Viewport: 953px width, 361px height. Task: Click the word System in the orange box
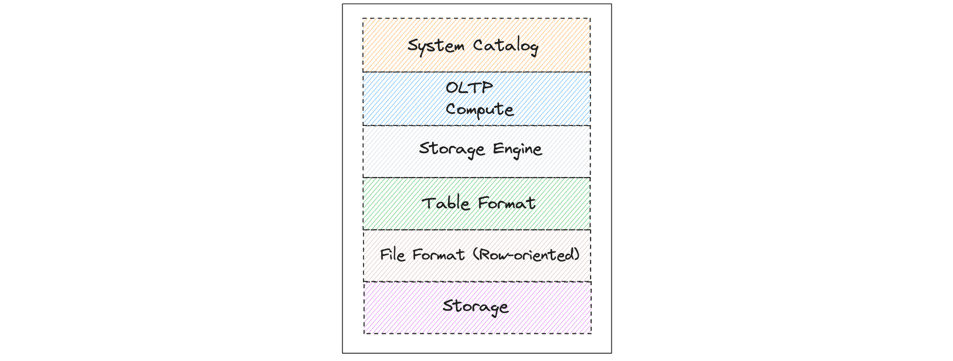[436, 46]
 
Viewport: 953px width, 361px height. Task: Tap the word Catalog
[505, 46]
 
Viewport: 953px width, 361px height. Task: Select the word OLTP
[469, 87]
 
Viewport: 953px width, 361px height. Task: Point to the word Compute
[479, 110]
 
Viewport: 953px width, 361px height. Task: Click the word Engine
[517, 149]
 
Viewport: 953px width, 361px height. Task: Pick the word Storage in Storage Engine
[452, 149]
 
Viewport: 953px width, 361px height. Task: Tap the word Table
[445, 203]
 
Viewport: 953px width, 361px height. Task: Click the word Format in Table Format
[507, 203]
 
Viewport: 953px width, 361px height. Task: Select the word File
[393, 255]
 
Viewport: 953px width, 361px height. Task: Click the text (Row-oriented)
[526, 255]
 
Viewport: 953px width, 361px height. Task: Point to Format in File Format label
[438, 255]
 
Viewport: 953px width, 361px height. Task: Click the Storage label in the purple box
[476, 306]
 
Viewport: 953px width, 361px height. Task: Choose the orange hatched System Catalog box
[477, 45]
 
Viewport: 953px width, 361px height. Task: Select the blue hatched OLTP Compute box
[477, 99]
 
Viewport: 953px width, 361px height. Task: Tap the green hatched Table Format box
[477, 204]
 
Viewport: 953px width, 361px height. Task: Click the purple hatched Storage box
[477, 308]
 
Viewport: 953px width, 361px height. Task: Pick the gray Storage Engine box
[477, 152]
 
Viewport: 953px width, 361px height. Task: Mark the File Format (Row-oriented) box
[477, 256]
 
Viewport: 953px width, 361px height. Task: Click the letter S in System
[412, 45]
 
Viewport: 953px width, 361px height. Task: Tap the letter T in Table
[428, 203]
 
